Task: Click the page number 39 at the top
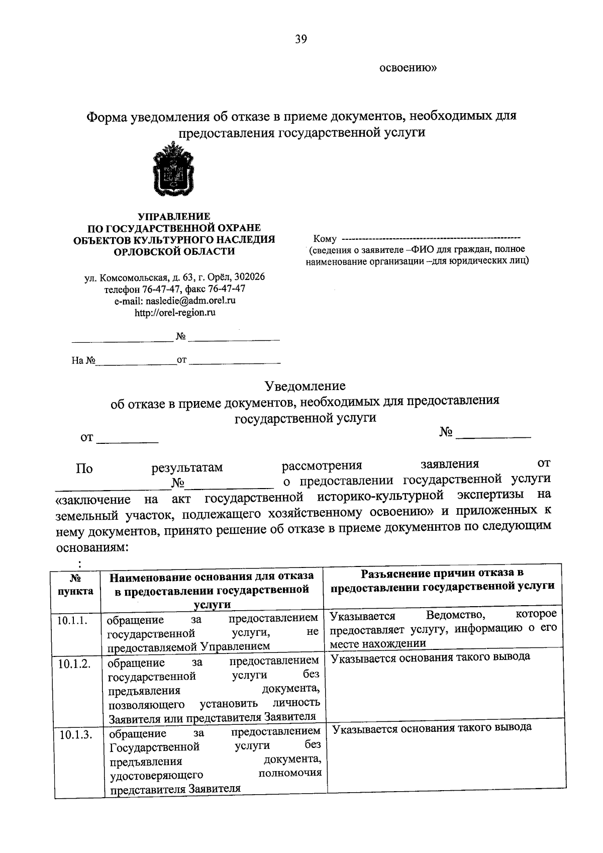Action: click(301, 39)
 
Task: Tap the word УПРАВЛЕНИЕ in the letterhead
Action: click(174, 217)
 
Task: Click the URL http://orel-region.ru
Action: click(174, 313)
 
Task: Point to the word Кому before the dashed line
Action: click(324, 238)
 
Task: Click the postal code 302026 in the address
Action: click(250, 277)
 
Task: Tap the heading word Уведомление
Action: click(305, 386)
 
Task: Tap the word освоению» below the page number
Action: click(408, 68)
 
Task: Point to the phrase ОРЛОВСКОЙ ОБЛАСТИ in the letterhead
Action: click(174, 251)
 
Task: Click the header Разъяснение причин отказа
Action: click(443, 573)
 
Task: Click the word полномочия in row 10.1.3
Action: click(290, 773)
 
